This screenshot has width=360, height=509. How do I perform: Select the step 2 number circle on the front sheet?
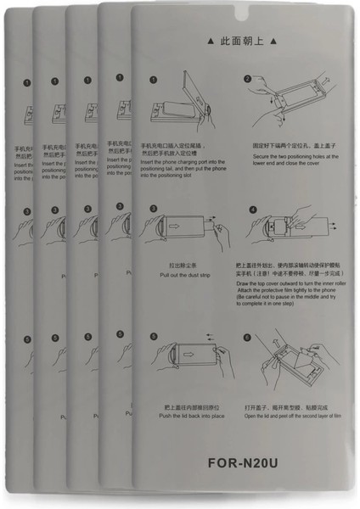pos(247,80)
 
